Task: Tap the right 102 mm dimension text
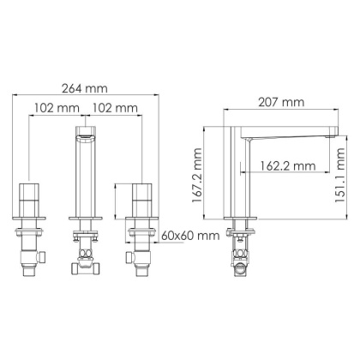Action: [115, 108]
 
